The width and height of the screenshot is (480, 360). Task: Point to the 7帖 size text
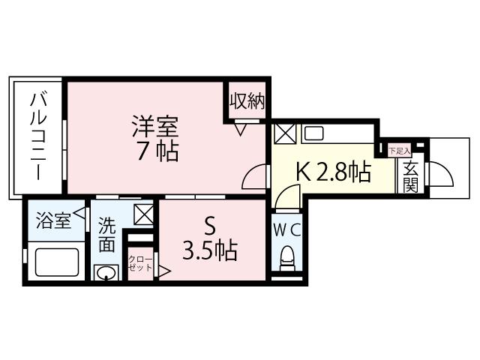point(157,151)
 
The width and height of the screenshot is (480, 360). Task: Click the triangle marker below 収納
point(241,128)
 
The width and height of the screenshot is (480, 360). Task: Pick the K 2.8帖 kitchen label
point(333,172)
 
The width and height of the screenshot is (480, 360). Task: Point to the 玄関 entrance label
point(409,177)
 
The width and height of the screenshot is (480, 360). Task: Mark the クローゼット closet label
point(139,264)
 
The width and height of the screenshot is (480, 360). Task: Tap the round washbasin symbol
point(106,271)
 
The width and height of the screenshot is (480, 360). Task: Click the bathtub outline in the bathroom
point(58,262)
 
